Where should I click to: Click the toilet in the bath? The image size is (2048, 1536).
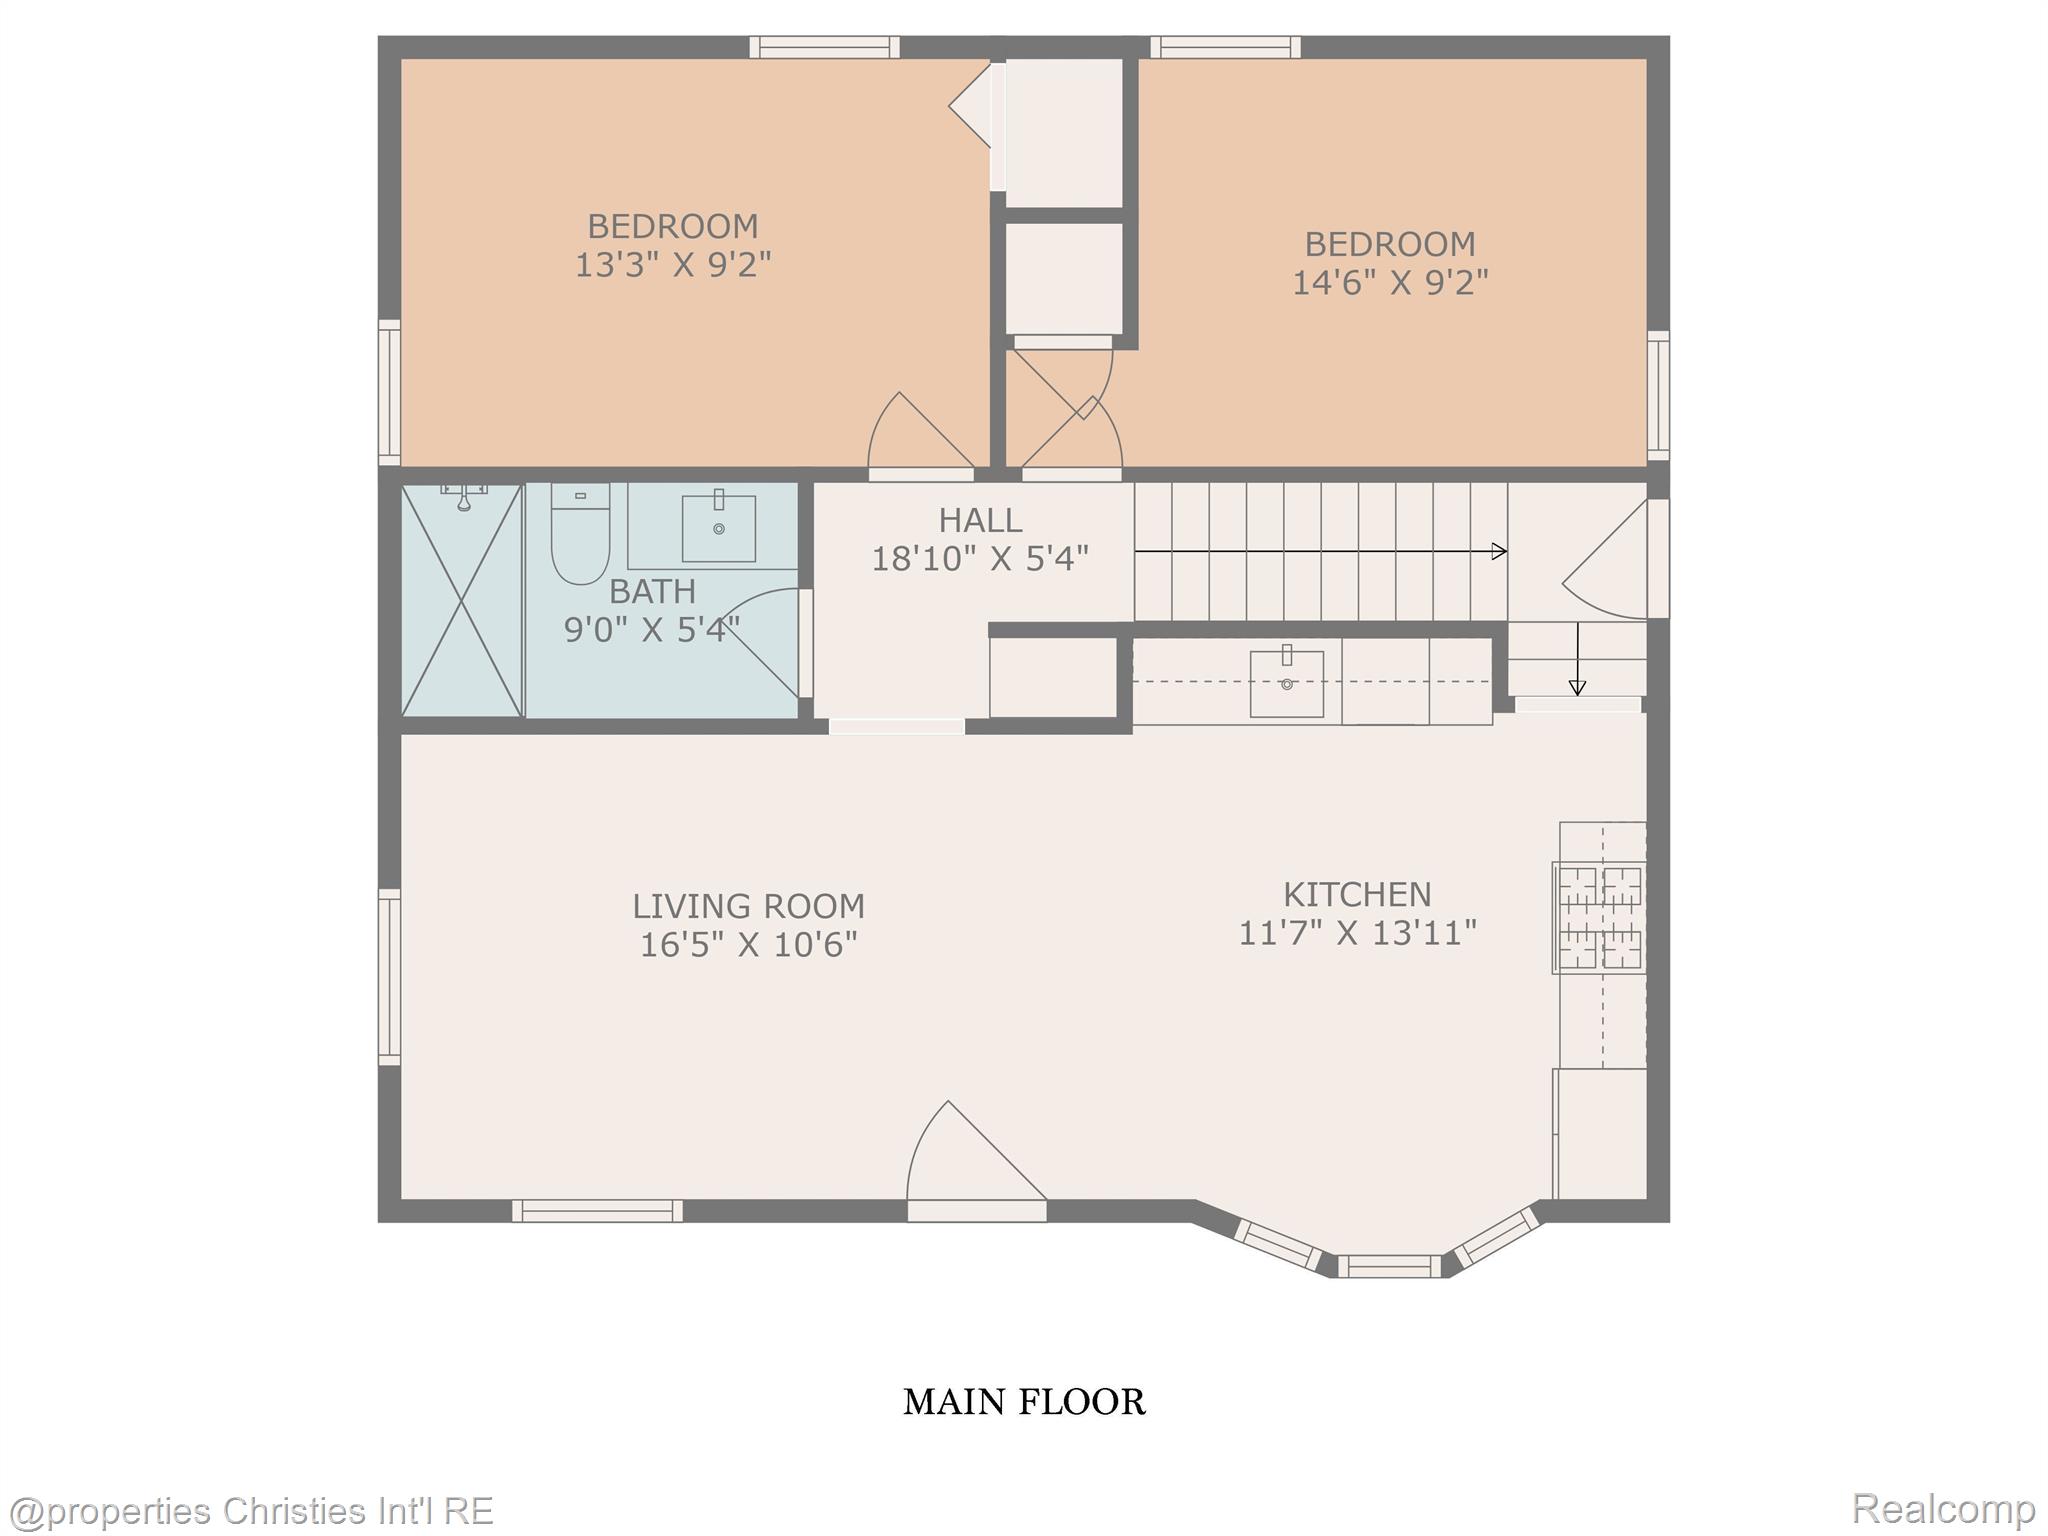click(x=580, y=536)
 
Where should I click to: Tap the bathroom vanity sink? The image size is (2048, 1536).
click(x=718, y=527)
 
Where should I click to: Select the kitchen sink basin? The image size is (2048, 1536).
click(x=1286, y=684)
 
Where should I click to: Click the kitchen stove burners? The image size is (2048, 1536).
click(x=1599, y=917)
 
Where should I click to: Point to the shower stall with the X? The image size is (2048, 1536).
click(x=461, y=600)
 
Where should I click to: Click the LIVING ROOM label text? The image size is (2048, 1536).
click(x=747, y=906)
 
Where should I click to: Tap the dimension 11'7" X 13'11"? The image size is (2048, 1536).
click(x=1357, y=933)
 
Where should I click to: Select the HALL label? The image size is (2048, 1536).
click(x=979, y=520)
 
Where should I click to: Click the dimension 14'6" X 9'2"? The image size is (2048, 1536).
click(x=1389, y=283)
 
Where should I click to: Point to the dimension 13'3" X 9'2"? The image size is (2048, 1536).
click(x=672, y=265)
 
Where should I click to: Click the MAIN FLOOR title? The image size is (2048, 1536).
click(x=1024, y=1402)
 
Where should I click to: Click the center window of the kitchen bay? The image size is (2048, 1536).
click(x=1389, y=1266)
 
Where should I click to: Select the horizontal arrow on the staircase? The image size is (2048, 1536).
click(x=1320, y=551)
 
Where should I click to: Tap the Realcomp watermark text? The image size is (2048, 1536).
click(x=1943, y=1508)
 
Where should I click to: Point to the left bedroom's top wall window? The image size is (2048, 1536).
click(x=824, y=47)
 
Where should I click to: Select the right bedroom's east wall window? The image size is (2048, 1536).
click(x=1657, y=395)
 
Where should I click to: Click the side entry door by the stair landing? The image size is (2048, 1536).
click(x=1610, y=560)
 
